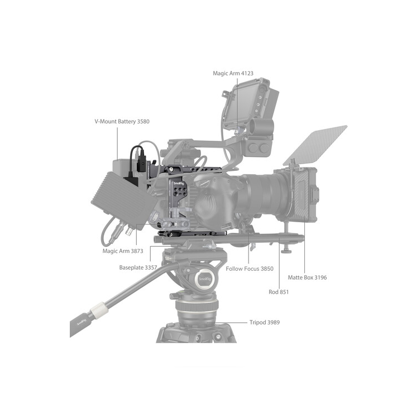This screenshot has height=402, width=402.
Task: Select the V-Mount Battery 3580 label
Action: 122,121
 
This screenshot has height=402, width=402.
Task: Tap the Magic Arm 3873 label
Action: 123,251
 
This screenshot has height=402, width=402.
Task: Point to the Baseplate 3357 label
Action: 138,267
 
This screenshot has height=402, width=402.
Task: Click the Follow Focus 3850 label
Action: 250,269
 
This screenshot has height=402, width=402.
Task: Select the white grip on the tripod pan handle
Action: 99,309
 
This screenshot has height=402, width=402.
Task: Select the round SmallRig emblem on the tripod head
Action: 204,279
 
